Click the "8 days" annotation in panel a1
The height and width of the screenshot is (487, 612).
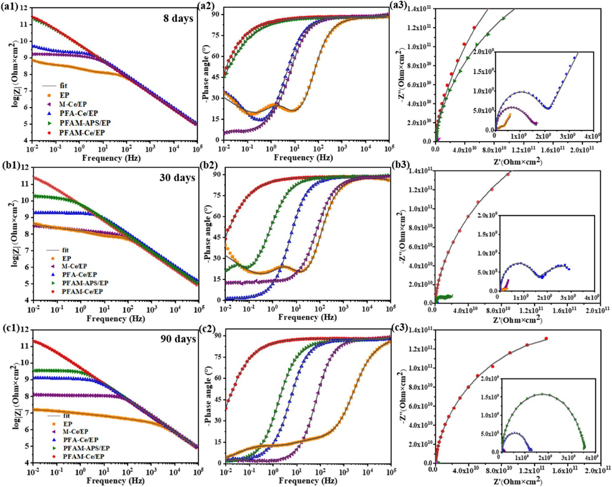(178, 19)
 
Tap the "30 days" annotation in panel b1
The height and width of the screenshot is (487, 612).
(177, 178)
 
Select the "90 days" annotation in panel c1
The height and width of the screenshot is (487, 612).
(178, 339)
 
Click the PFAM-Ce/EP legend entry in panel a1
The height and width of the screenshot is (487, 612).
(82, 132)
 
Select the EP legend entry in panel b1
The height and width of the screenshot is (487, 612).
(67, 258)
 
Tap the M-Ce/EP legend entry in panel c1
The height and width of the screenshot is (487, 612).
(75, 431)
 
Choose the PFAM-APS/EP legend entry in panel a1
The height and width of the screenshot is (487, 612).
(85, 123)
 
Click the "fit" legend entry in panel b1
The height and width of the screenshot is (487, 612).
(66, 250)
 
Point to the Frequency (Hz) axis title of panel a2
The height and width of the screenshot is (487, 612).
(303, 157)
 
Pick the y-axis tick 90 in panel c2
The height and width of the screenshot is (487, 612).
(218, 335)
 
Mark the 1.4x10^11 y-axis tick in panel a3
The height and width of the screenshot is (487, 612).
(420, 8)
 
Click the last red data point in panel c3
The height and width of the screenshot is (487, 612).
(546, 339)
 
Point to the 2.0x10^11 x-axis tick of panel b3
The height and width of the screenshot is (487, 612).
(598, 310)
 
